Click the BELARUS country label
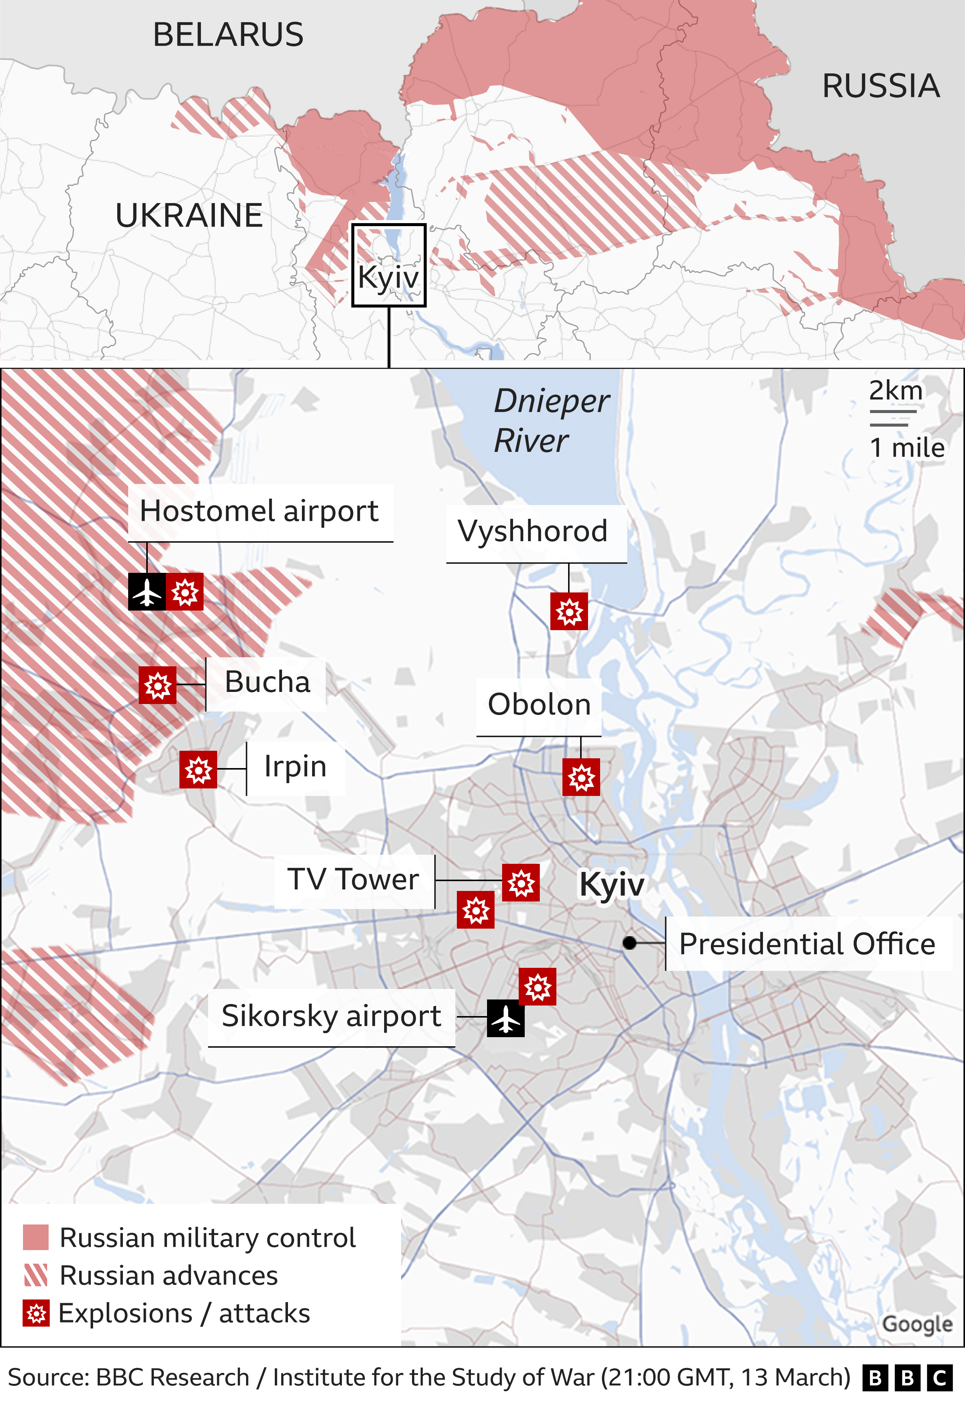[x=228, y=34]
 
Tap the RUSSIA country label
[x=880, y=86]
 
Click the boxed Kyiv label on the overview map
[x=389, y=277]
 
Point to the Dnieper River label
[x=550, y=420]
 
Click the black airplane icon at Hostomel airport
[x=147, y=592]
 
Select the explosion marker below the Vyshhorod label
[x=569, y=612]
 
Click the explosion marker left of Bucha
[x=157, y=685]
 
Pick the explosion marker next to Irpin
[x=198, y=770]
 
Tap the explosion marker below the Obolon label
[x=581, y=777]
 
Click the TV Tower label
[x=353, y=880]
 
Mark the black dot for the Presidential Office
[x=630, y=943]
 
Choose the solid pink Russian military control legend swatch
[x=36, y=1238]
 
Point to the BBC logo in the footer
[x=908, y=1378]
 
